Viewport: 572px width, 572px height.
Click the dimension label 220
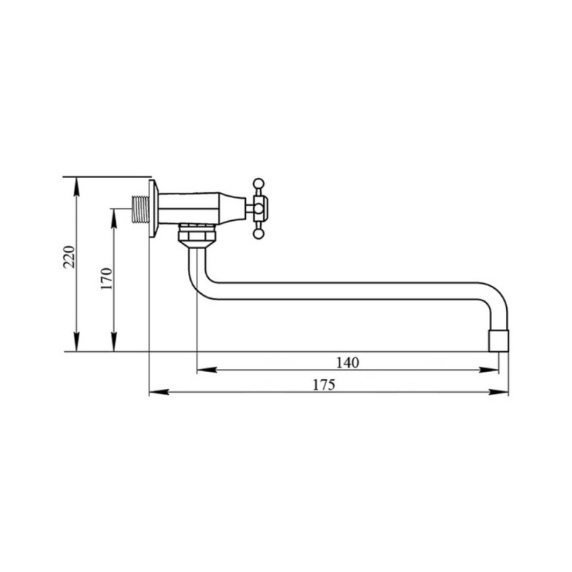click(69, 257)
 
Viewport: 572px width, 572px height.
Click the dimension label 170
click(106, 279)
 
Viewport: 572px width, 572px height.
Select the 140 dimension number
click(347, 363)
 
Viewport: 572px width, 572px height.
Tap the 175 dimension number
click(324, 385)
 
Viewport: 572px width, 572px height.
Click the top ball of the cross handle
click(258, 183)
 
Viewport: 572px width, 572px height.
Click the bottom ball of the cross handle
click(258, 234)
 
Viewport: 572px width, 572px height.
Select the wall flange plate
click(154, 208)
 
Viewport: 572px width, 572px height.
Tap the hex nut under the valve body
click(197, 236)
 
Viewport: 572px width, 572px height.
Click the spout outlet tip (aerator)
click(498, 341)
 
